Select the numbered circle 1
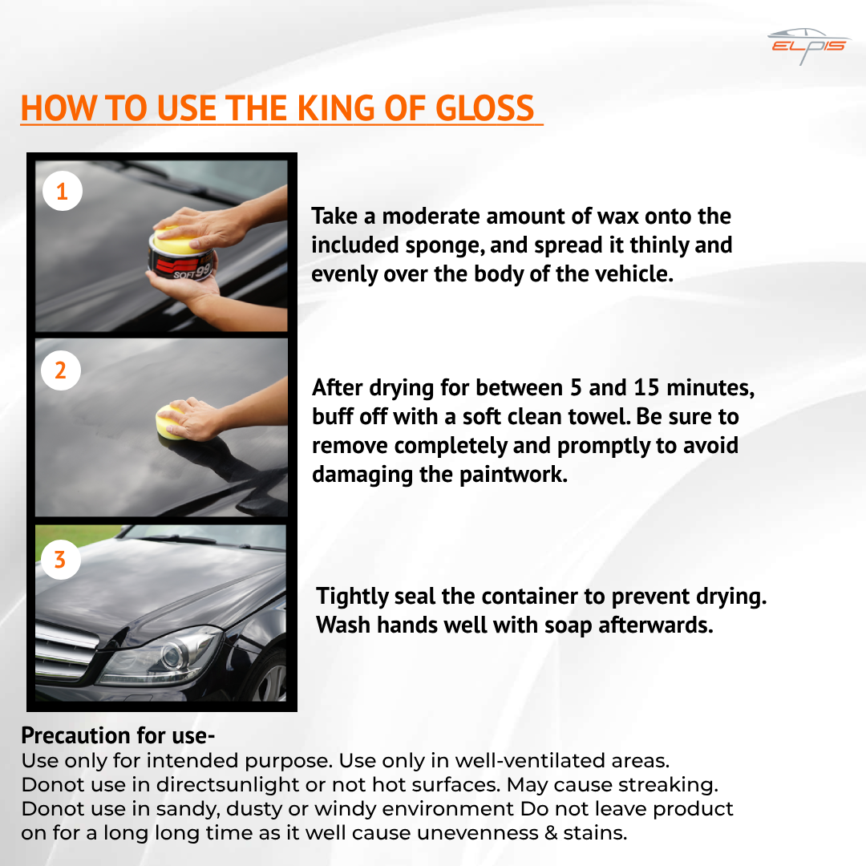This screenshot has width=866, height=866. tap(62, 191)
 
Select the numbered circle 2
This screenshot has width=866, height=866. tap(61, 370)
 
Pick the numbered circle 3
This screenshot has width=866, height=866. tap(60, 558)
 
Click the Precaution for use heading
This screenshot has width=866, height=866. tap(119, 735)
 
